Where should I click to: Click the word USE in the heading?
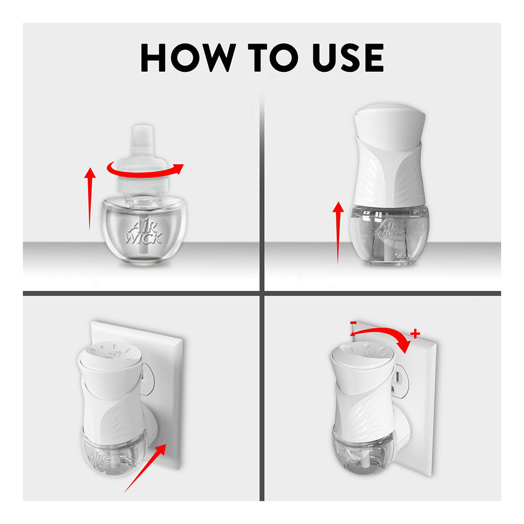[x=348, y=58]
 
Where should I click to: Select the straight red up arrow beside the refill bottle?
[x=90, y=199]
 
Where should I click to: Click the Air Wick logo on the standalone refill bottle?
[x=144, y=233]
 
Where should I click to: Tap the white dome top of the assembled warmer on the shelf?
[x=390, y=126]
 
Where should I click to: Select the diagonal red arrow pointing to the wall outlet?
[x=145, y=468]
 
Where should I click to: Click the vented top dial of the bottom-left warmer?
[x=110, y=355]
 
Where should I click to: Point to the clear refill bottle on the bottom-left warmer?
[x=114, y=453]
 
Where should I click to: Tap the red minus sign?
[x=353, y=323]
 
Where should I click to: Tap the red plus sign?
[x=415, y=333]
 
